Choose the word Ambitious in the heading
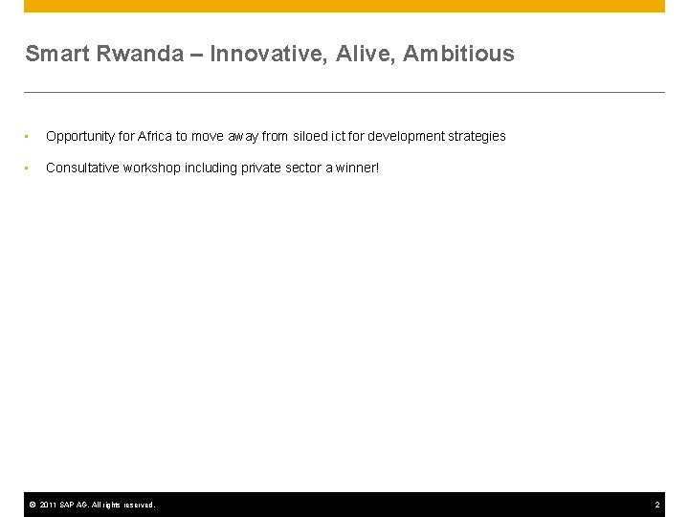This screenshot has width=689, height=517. point(458,55)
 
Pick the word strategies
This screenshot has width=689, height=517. point(476,137)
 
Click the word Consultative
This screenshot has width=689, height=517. point(81,168)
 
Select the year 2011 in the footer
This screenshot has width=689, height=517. point(50,505)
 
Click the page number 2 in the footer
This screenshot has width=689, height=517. point(657,505)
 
